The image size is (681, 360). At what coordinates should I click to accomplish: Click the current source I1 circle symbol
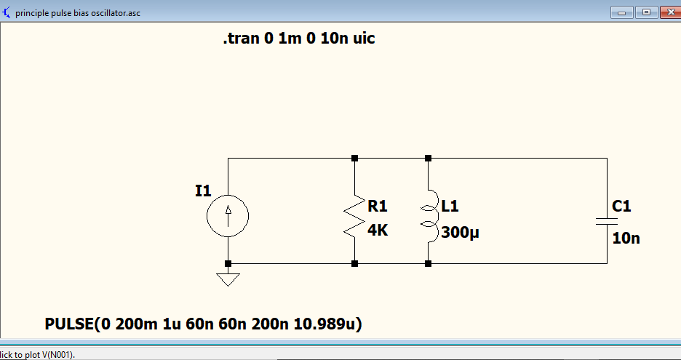click(x=228, y=216)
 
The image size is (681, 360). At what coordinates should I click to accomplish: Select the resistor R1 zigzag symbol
click(x=354, y=216)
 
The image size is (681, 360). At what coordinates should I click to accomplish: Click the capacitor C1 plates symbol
click(x=607, y=222)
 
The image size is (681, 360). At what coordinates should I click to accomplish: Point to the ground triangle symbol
click(x=228, y=280)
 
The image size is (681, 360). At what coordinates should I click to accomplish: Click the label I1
click(x=203, y=191)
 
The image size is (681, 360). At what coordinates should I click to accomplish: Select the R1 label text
click(x=377, y=205)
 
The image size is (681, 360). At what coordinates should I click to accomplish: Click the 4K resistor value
click(x=378, y=230)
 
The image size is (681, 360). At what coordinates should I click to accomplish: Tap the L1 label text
click(x=450, y=205)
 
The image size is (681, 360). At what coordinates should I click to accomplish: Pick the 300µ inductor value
click(x=460, y=233)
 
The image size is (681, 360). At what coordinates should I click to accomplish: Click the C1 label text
click(x=621, y=205)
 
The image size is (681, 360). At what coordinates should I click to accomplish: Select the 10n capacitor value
click(x=626, y=238)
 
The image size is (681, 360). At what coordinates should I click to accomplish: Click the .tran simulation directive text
click(x=299, y=39)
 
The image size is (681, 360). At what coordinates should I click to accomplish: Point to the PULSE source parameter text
click(x=203, y=324)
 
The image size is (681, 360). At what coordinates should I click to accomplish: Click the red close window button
click(x=670, y=12)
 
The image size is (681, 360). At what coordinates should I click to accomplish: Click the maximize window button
click(x=646, y=12)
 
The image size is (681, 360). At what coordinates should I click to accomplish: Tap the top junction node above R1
click(x=354, y=158)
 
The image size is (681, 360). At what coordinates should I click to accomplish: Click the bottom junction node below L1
click(x=428, y=263)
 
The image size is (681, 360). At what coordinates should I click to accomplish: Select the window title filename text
click(x=78, y=13)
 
